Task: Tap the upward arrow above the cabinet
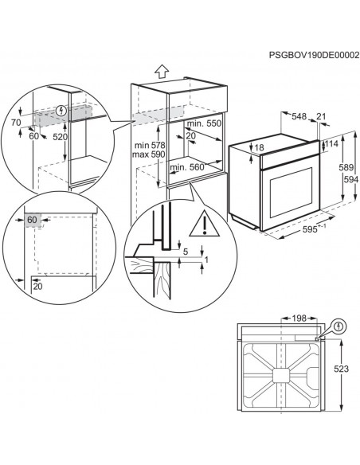(162, 71)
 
